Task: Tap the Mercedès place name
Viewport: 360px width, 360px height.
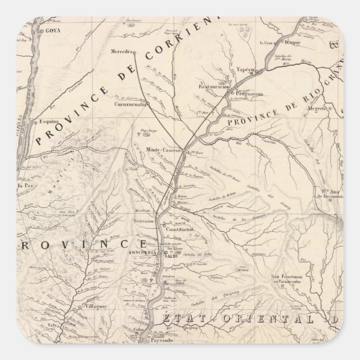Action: (122, 51)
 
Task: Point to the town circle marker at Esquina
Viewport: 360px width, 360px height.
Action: (35, 121)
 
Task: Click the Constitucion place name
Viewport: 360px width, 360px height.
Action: (179, 229)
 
